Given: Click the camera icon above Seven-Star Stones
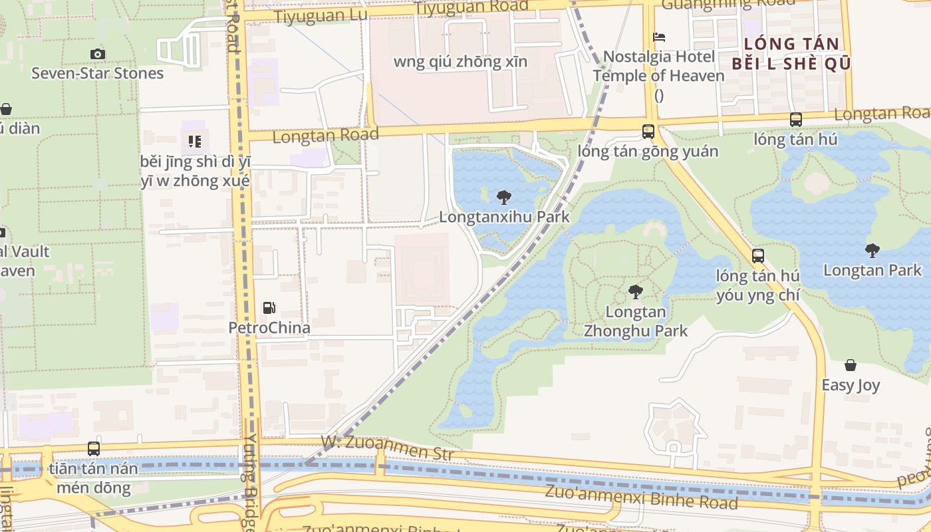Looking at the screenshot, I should point(98,54).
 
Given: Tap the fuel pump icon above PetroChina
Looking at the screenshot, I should point(269,308).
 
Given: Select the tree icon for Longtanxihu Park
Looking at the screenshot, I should point(504,197).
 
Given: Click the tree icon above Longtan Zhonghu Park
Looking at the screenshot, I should point(636,291).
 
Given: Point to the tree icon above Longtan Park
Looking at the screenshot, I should point(872,250).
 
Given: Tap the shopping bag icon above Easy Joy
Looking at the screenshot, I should point(851,365).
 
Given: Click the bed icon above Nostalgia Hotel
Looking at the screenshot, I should point(659,37).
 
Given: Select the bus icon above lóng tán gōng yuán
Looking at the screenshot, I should point(648,132).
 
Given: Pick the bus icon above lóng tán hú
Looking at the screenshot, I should point(796,120).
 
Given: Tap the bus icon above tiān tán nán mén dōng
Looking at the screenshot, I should point(94,449).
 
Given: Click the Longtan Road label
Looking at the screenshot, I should point(326,135).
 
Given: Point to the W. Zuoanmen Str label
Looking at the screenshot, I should point(388,448).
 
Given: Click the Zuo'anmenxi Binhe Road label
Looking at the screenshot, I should point(641,497).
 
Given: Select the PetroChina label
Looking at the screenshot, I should point(269,328).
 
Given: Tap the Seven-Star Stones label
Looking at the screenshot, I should point(98,73).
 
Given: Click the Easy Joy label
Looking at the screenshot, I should point(851,385).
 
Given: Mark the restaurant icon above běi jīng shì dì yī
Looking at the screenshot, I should point(195,141).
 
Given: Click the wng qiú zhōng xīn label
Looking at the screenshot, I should point(461,62).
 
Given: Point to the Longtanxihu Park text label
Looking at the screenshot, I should point(504,217).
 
